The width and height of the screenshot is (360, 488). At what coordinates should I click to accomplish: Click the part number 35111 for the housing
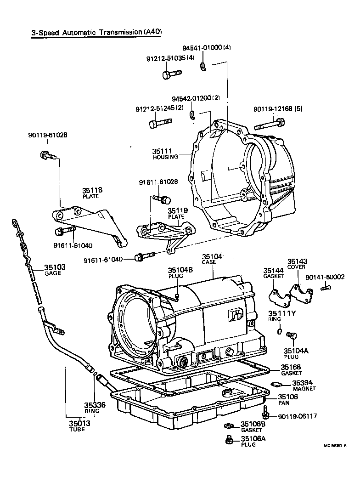tap(161, 151)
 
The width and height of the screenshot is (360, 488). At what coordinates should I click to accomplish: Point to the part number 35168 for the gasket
tap(291, 367)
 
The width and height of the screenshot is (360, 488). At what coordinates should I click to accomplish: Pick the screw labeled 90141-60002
tap(326, 288)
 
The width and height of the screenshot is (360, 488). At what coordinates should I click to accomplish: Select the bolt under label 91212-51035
tap(171, 73)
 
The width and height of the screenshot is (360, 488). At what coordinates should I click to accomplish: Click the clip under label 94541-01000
tap(203, 67)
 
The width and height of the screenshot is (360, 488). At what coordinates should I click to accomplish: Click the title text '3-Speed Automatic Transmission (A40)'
tap(96, 32)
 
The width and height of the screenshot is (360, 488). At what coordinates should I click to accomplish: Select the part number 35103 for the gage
tap(55, 267)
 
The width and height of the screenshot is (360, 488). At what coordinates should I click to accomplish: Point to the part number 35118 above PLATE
tap(92, 190)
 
